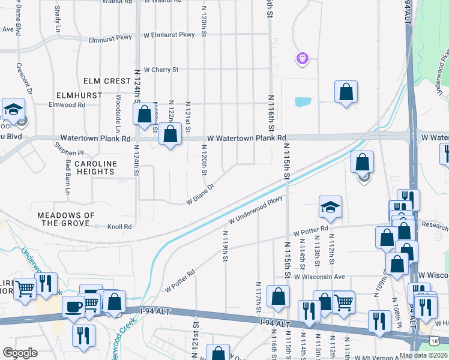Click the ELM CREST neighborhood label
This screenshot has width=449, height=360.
click(108, 81)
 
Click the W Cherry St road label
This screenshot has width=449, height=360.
click(161, 70)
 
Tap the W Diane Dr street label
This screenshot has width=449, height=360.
click(200, 197)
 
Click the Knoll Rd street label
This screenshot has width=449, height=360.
click(119, 227)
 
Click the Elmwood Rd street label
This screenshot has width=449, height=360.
click(68, 104)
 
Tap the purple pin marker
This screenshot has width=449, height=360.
click(302, 58)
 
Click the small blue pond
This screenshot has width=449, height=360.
click(303, 102)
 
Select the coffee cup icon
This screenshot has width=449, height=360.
click(74, 306)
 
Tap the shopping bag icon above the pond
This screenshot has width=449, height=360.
click(346, 92)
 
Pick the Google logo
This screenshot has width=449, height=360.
click(20, 353)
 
